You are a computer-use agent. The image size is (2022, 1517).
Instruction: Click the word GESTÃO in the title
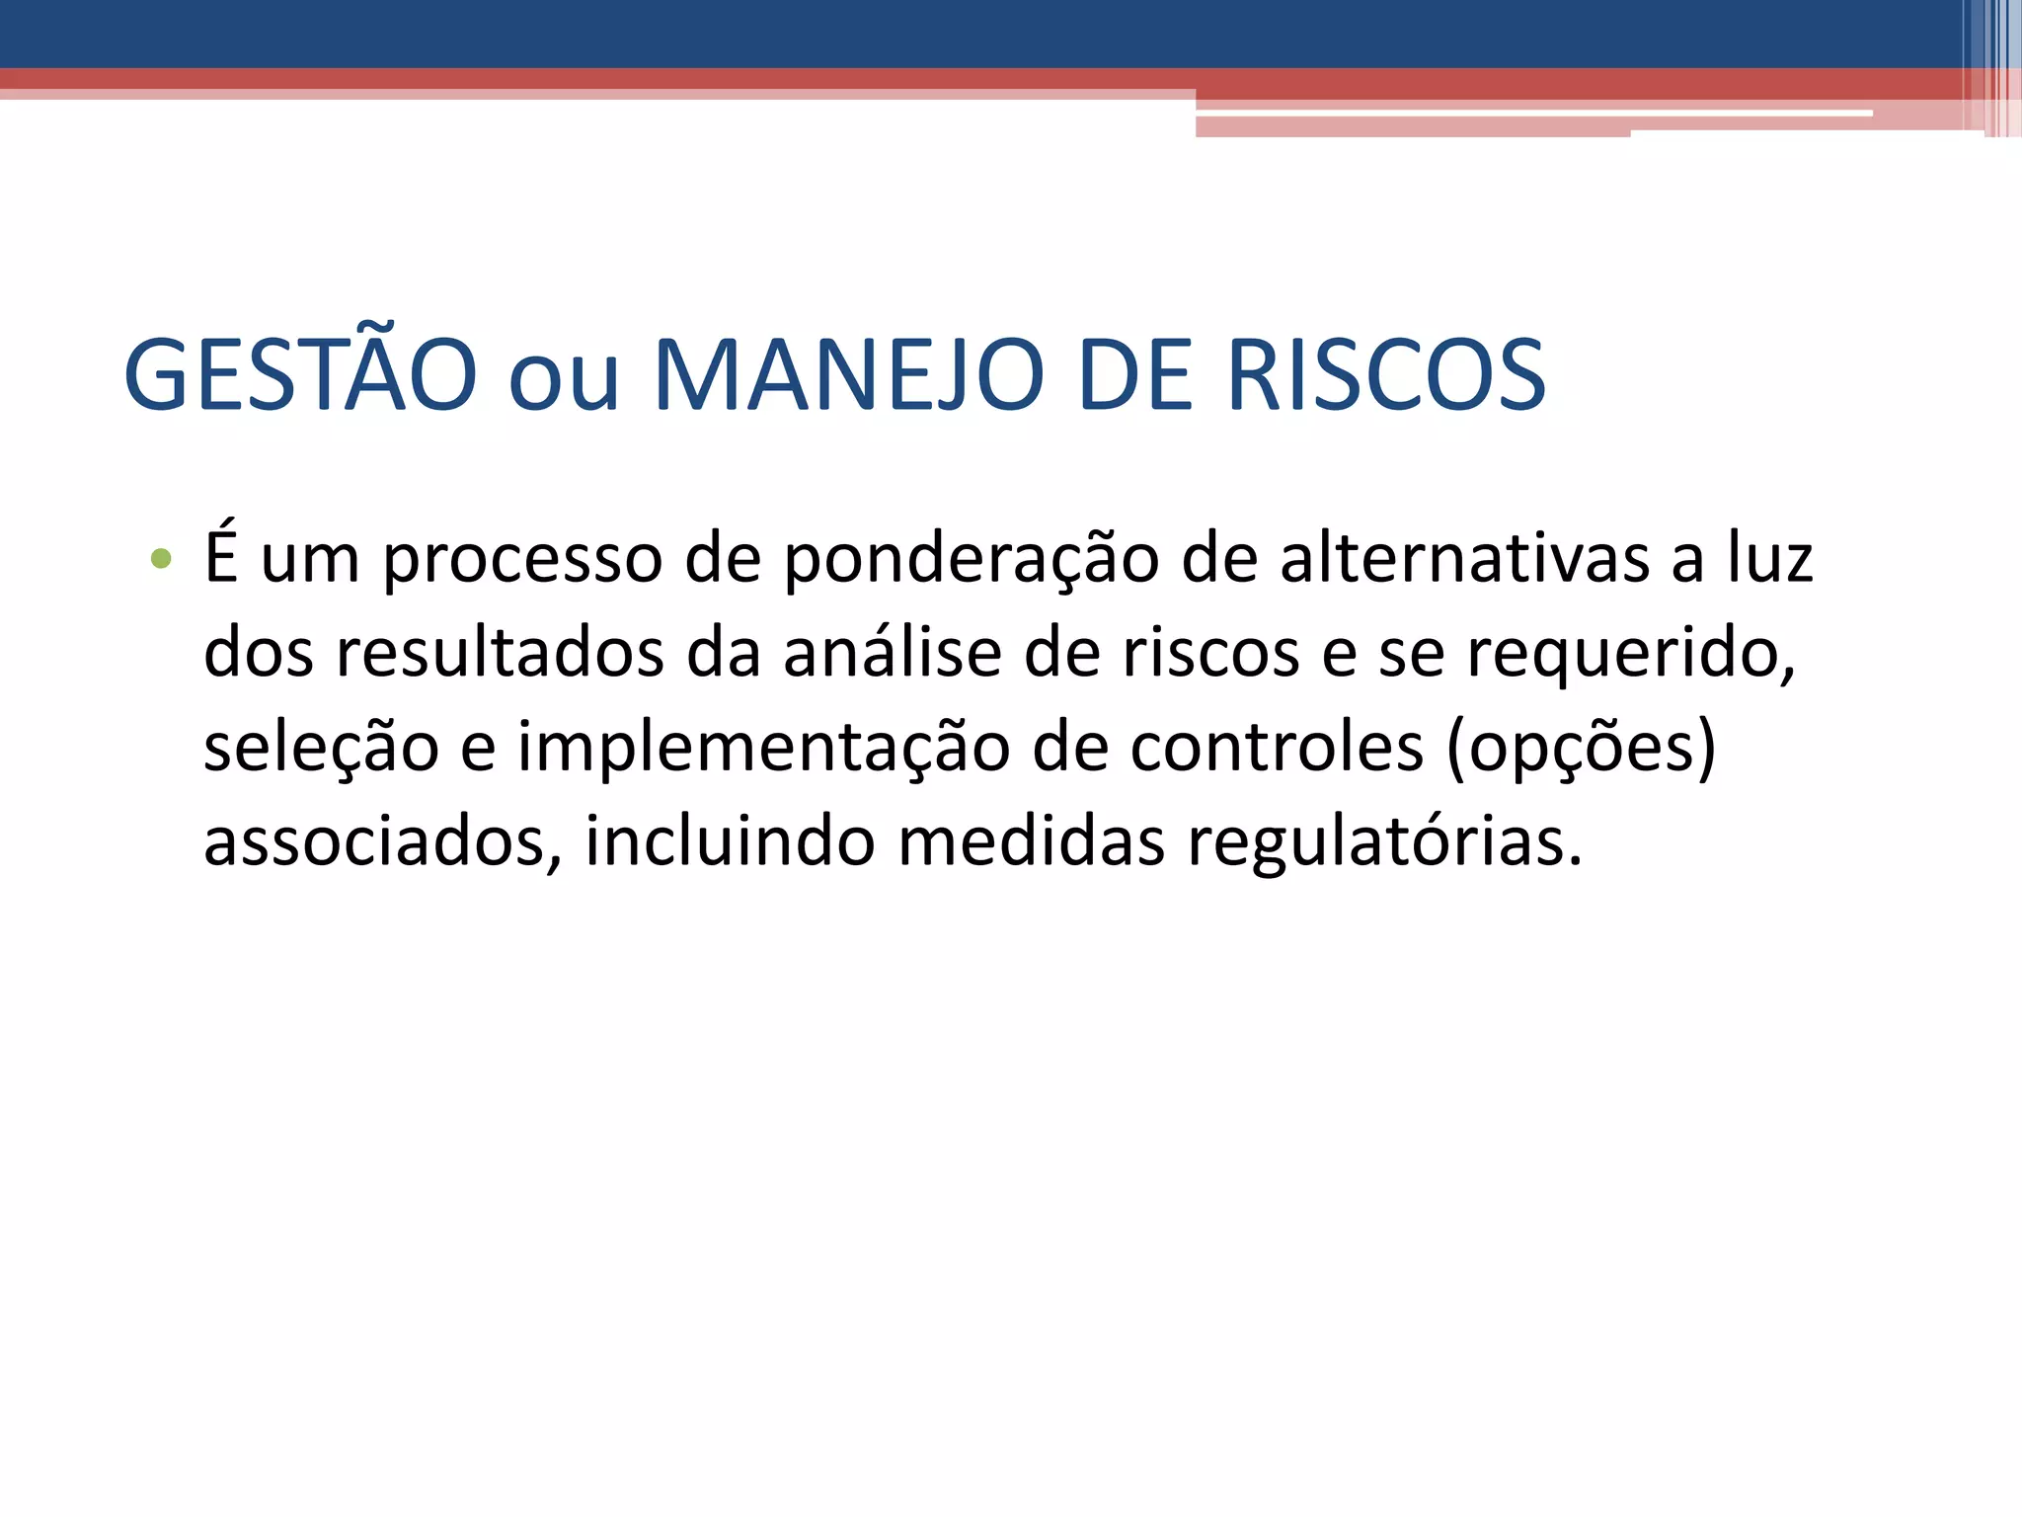coord(300,375)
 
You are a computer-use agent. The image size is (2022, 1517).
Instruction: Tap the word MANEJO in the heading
coord(848,375)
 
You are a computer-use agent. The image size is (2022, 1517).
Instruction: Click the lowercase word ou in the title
coord(564,379)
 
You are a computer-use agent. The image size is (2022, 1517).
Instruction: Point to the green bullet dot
coord(161,560)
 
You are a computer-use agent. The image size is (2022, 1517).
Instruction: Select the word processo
coord(522,561)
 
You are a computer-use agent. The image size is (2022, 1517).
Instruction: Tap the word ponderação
coord(972,561)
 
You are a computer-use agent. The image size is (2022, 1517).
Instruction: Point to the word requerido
coord(1630,654)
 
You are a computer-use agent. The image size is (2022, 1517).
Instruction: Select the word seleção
coord(321,748)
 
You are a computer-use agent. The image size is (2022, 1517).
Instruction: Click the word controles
coord(1277,747)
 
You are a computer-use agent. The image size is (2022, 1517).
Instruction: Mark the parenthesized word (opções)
coord(1581,749)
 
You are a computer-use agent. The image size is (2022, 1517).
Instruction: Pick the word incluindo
coord(730,841)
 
